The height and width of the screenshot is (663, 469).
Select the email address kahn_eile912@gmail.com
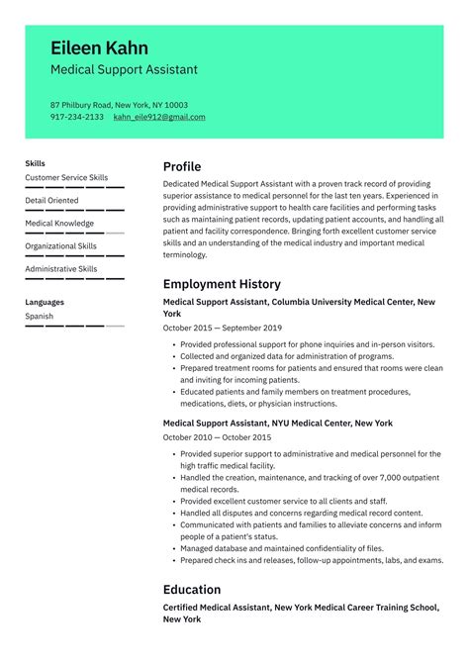coord(159,117)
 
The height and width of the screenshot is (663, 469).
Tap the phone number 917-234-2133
coord(77,117)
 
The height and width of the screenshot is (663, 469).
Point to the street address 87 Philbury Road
coord(80,105)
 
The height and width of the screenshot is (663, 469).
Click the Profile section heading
coord(182,166)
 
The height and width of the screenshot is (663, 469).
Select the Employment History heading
coord(222,284)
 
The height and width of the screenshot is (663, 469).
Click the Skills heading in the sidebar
coord(35,163)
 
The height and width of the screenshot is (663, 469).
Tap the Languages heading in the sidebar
coord(45,302)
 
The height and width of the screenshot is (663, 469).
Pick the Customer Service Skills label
coord(66,178)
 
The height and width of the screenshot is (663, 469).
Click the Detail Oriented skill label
coord(51,201)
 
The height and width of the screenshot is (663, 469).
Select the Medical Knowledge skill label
coord(59,224)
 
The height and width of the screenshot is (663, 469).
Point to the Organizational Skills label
coord(60,246)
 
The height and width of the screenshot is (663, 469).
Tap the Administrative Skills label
coord(60,269)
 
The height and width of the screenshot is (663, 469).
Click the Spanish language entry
coord(40,317)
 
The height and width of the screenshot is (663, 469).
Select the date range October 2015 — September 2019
coord(223,328)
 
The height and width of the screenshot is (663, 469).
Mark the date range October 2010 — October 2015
coord(217,436)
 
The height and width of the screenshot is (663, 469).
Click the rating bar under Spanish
coord(74,326)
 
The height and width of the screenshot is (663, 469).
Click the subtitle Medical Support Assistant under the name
coord(124,70)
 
